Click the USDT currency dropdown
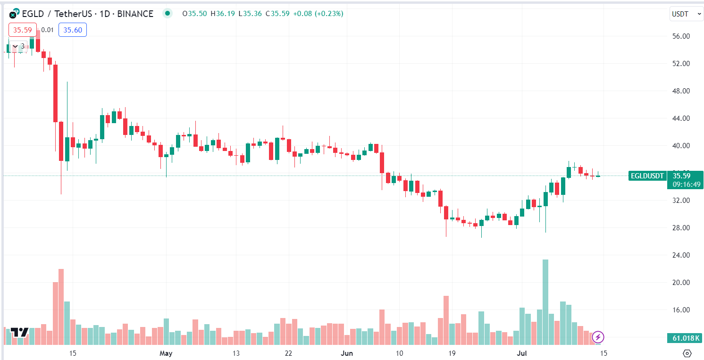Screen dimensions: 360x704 [x=686, y=14]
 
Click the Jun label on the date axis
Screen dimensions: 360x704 [x=347, y=353]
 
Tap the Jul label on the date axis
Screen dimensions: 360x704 [x=522, y=353]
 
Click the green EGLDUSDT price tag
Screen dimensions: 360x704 [x=647, y=176]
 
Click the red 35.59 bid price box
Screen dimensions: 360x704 [x=22, y=30]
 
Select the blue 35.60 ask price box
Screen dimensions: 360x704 [x=73, y=30]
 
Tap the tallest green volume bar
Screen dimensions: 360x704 [x=545, y=302]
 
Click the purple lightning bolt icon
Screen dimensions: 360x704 [x=598, y=337]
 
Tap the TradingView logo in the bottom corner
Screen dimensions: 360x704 [x=20, y=332]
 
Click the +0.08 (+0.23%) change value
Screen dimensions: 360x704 [x=318, y=14]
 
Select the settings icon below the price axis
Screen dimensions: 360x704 [x=687, y=353]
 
